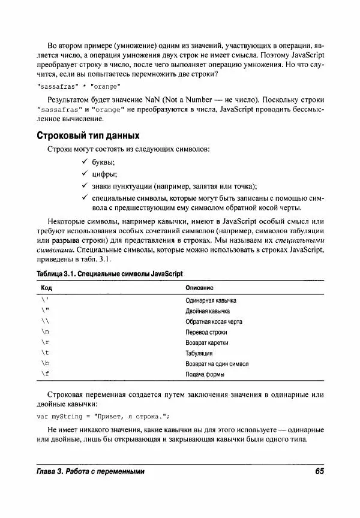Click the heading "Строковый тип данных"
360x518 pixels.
click(88, 135)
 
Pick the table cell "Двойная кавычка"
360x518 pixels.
click(208, 311)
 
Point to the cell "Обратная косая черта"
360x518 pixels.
click(214, 321)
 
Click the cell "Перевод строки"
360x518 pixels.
click(206, 332)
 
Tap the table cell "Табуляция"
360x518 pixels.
click(199, 353)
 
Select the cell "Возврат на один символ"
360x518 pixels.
click(217, 364)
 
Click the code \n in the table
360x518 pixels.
click(46, 332)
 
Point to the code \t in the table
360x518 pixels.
click(46, 353)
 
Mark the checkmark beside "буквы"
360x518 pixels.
click(85, 162)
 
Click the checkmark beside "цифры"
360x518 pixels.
click(85, 174)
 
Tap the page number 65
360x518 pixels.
click(319, 471)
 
